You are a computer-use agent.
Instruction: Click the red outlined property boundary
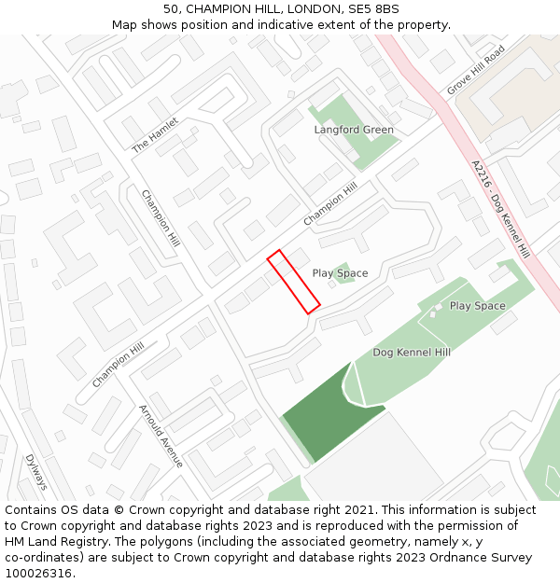[x=294, y=282]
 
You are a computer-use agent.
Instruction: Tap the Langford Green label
[x=354, y=130]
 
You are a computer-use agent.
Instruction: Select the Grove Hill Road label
[x=475, y=70]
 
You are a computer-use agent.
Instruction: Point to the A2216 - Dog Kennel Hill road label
[x=500, y=210]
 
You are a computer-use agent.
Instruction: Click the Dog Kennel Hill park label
[x=412, y=353]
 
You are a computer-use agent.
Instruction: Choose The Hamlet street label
[x=154, y=135]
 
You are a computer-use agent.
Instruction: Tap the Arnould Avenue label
[x=161, y=436]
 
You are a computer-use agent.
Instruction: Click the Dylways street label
[x=36, y=472]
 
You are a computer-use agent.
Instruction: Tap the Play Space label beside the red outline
[x=340, y=273]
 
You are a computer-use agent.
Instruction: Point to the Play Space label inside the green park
[x=477, y=306]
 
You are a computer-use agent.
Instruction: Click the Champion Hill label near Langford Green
[x=330, y=204]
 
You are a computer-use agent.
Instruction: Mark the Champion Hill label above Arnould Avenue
[x=118, y=365]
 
